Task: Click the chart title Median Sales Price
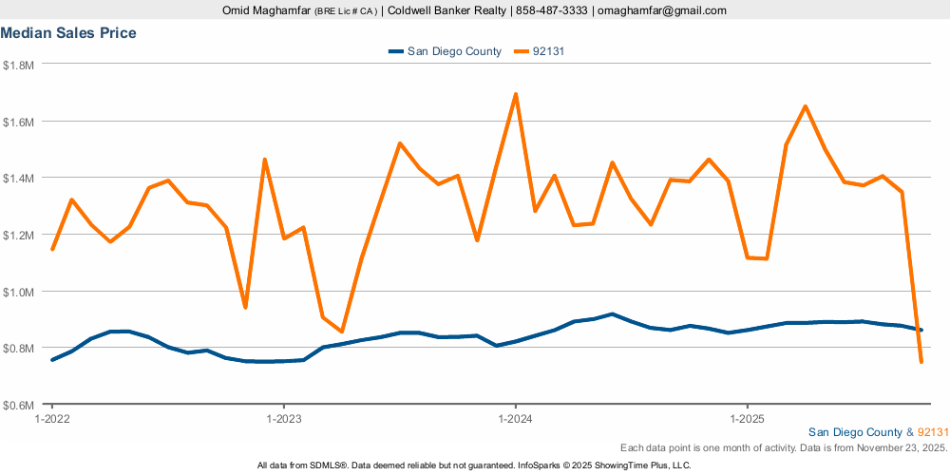click(x=68, y=33)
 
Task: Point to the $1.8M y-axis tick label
click(x=19, y=65)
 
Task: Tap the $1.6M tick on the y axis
click(x=19, y=122)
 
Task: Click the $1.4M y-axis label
click(x=19, y=178)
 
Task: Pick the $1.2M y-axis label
click(x=19, y=235)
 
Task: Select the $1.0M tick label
click(x=19, y=292)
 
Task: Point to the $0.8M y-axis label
click(x=19, y=348)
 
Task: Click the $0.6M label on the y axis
click(x=19, y=405)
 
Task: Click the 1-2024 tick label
click(x=515, y=418)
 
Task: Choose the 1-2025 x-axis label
click(x=747, y=418)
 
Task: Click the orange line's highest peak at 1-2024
click(x=515, y=94)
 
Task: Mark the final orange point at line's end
click(x=921, y=362)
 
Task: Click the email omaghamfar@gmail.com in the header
click(x=661, y=10)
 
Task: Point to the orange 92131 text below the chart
click(x=933, y=432)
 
